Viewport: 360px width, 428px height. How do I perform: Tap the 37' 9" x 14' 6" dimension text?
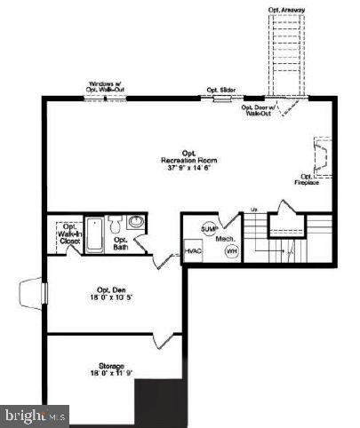tap(189, 167)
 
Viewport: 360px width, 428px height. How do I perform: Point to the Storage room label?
tap(112, 366)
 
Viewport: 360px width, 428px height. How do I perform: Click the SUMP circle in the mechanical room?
tap(209, 229)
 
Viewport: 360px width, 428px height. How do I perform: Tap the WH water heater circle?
tap(231, 251)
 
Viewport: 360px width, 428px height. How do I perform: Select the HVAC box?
tap(193, 251)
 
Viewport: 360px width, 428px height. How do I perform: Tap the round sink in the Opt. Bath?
tap(134, 221)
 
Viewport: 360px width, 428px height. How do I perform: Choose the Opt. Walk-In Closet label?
tap(60, 235)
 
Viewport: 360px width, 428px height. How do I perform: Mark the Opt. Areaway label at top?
tap(286, 11)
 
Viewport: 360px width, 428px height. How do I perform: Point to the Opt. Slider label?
tap(220, 90)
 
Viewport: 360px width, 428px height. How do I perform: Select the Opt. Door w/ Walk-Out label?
tap(260, 111)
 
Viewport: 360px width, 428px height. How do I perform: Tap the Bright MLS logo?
tap(36, 415)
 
